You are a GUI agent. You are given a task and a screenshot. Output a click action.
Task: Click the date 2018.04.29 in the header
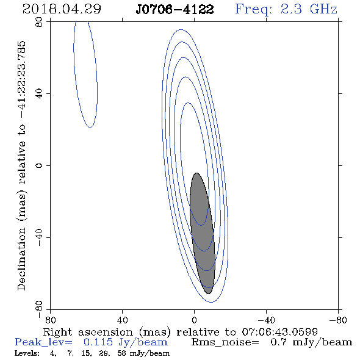62,9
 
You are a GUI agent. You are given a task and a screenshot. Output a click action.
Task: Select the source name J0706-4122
175,10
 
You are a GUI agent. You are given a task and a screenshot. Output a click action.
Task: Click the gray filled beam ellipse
202,233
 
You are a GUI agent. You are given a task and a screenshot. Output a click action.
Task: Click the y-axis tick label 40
39,94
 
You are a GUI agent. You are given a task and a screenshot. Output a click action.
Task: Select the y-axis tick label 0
39,165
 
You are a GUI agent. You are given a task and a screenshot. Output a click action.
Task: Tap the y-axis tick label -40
39,237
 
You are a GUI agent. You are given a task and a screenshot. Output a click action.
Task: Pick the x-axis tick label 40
122,320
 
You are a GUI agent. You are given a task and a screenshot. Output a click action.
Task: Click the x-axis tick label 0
194,320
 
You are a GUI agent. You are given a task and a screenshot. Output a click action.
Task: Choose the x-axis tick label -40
266,320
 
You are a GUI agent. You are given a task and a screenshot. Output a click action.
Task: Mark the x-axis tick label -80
338,320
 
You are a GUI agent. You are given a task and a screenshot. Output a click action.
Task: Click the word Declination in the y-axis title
21,259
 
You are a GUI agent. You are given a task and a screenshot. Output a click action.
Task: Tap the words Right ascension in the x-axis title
88,332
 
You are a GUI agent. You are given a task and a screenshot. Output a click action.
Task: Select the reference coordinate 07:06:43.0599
279,332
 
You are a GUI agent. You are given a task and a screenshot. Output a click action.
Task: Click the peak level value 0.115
98,342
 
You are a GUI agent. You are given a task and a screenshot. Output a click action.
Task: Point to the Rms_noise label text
225,342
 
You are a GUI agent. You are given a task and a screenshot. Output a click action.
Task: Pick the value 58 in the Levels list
121,353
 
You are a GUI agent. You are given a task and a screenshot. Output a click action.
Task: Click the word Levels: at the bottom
27,353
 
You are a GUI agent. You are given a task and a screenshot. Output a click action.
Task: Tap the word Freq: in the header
253,10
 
